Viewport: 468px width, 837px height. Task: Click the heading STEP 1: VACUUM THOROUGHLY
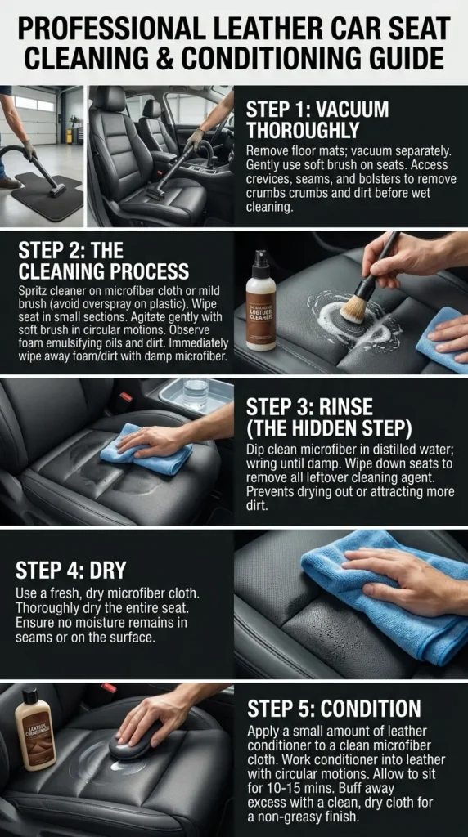tap(317, 120)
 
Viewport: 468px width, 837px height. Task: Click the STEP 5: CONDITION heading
tap(334, 709)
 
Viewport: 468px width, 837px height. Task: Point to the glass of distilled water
tap(196, 393)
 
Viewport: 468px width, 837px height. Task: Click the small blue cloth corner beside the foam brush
tap(442, 339)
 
